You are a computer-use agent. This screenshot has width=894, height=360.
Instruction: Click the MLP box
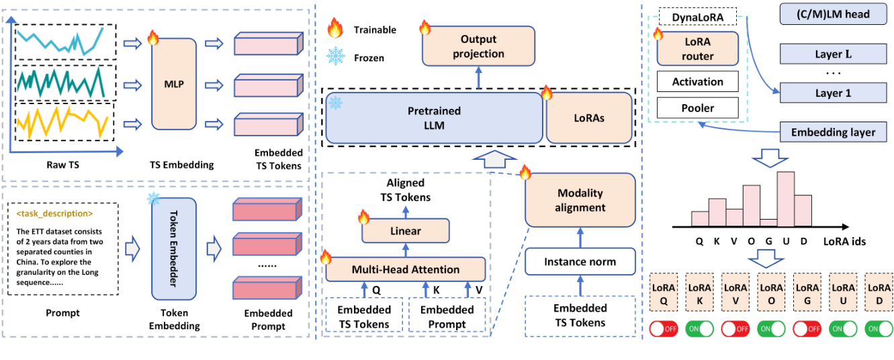tap(174, 85)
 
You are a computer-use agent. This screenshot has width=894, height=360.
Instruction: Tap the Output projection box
tap(479, 46)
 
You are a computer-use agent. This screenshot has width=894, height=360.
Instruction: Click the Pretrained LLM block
tap(435, 118)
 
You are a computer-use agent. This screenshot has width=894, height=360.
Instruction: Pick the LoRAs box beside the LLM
tap(589, 118)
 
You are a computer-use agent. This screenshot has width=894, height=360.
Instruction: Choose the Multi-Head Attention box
tap(406, 269)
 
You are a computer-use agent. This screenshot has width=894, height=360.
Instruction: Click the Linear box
tap(406, 231)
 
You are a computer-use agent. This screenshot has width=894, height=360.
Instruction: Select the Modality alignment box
tap(580, 199)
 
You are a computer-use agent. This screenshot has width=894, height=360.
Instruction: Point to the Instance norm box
tap(580, 261)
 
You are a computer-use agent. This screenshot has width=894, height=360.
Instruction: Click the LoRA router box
tap(697, 49)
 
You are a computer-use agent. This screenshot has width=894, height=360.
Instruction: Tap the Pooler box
tap(697, 107)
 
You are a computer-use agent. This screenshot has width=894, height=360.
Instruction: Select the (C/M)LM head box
tap(832, 15)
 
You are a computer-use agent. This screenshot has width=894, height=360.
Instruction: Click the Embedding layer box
tap(832, 132)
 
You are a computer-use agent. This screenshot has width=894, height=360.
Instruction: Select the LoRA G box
tap(807, 292)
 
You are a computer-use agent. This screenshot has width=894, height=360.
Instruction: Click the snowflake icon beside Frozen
tap(334, 57)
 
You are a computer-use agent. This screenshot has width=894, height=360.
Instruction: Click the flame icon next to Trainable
tap(334, 29)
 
